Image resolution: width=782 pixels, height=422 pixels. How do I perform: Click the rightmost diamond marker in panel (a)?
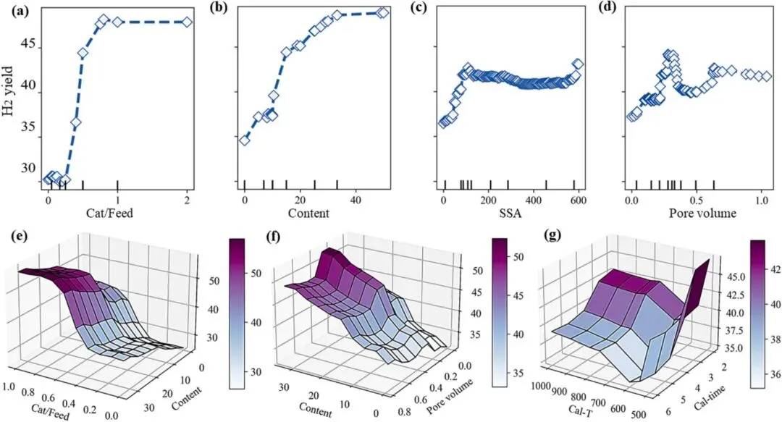tap(187, 22)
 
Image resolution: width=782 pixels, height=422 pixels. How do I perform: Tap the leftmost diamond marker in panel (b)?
tap(245, 140)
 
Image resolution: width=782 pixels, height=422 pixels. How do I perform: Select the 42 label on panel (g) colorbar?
tap(770, 269)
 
